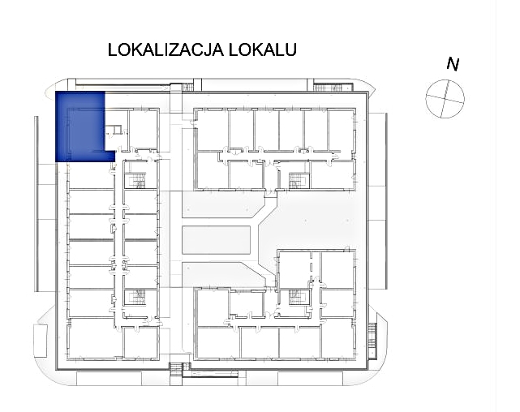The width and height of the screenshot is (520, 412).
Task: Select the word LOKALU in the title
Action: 263,49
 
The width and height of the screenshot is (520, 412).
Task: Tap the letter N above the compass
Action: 453,64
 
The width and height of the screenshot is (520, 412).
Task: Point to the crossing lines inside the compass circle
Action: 445,98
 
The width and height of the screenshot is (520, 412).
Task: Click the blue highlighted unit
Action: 80,127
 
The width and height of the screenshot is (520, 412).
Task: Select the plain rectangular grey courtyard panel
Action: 216,240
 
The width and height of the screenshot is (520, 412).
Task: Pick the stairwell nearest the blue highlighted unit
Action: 135,182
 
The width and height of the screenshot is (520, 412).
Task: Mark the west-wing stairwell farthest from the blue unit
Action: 135,297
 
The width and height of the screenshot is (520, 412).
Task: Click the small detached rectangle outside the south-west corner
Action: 40,341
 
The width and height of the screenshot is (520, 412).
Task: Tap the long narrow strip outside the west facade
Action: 37,204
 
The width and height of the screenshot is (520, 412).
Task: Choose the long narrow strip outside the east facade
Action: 386,200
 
